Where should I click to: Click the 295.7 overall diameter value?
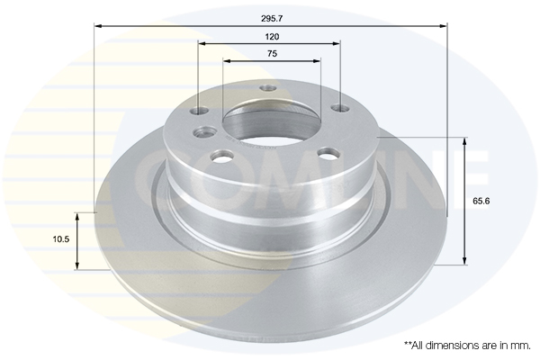(x=272, y=19)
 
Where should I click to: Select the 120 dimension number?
(x=272, y=37)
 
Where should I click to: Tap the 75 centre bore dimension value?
(x=272, y=54)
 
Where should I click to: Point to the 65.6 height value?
(x=481, y=201)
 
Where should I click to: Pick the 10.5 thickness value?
(x=61, y=239)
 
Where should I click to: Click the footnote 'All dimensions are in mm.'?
(x=467, y=346)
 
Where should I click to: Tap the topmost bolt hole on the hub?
(x=268, y=88)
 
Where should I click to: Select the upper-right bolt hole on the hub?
(x=340, y=109)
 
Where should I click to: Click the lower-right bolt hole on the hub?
(x=328, y=153)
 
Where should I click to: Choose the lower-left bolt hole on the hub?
(x=221, y=156)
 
